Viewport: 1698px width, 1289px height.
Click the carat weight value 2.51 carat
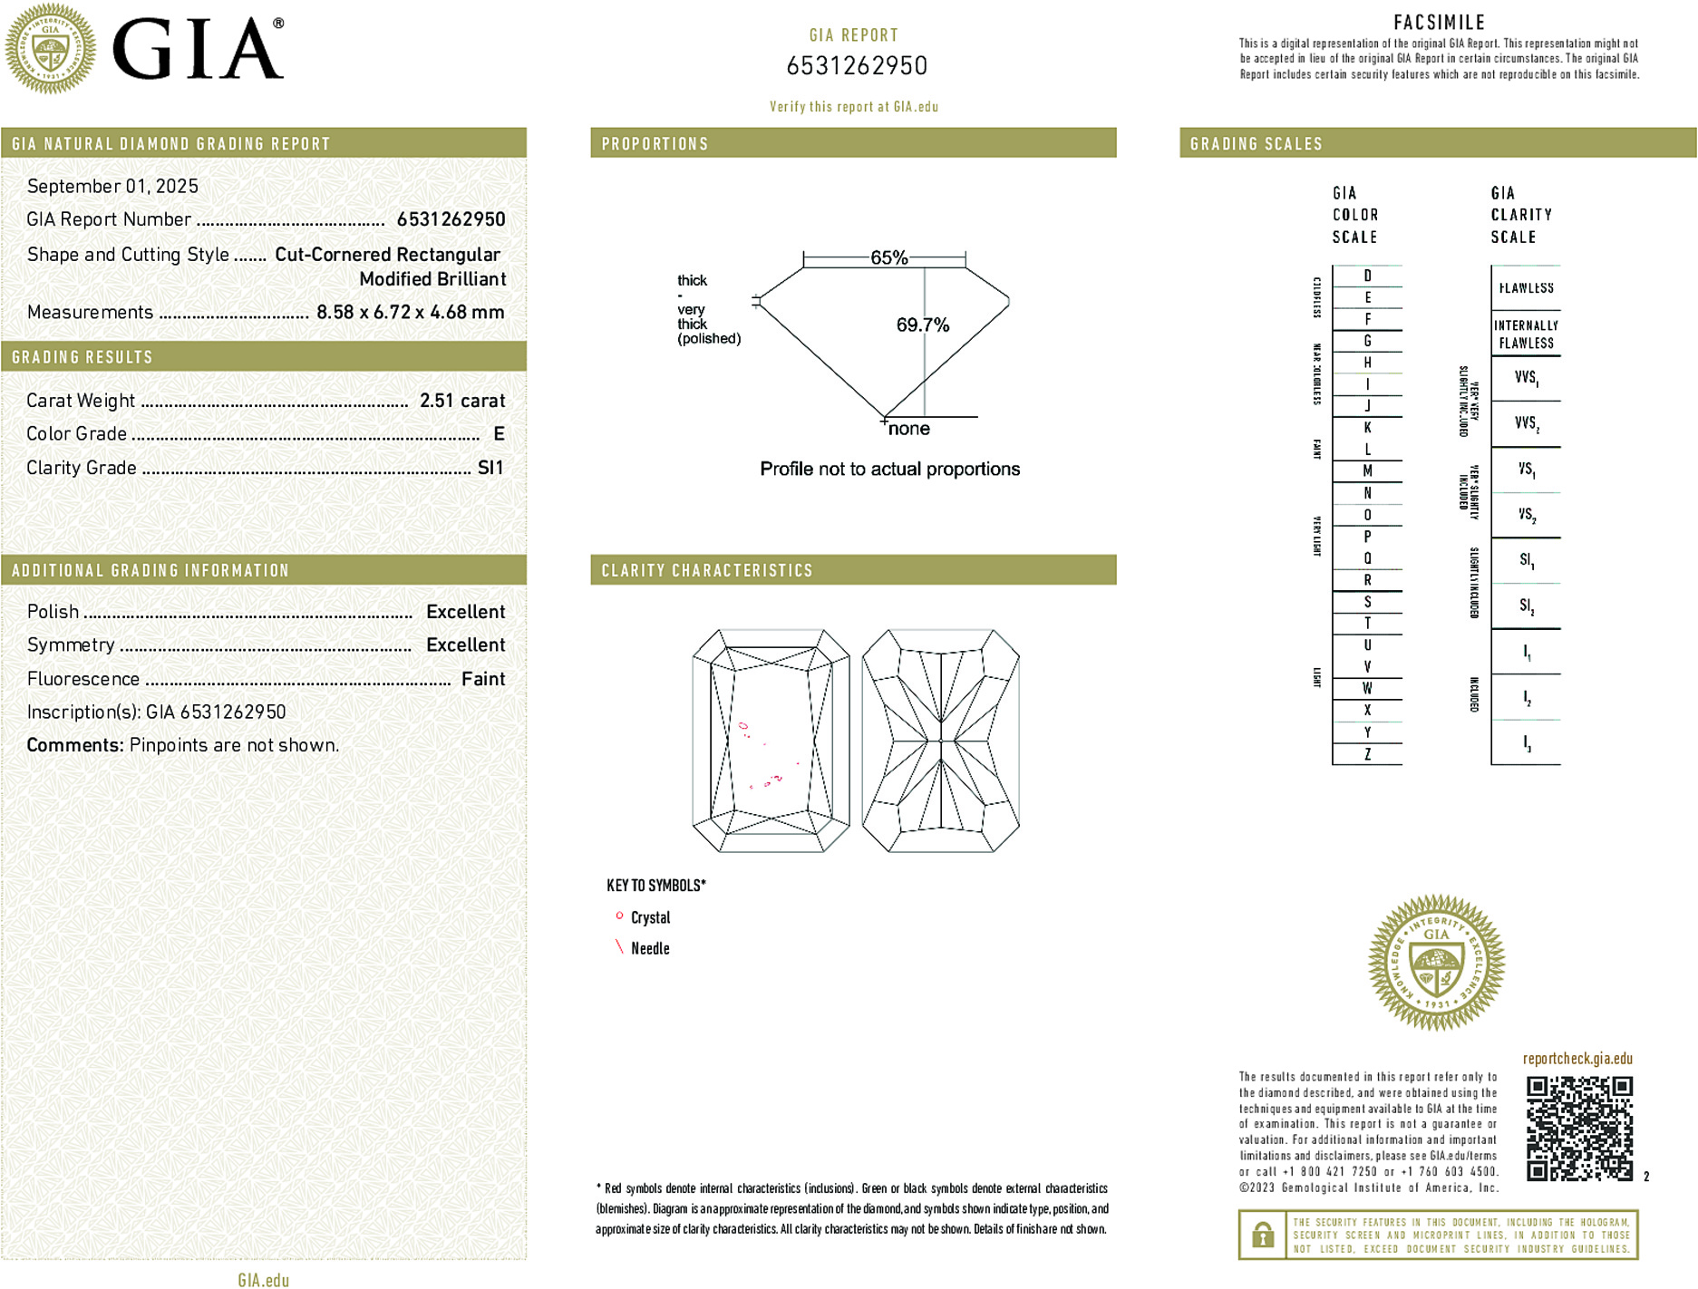461,401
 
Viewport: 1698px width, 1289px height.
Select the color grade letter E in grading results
499,434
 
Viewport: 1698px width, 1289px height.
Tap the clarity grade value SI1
490,468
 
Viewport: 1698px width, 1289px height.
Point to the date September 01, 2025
112,186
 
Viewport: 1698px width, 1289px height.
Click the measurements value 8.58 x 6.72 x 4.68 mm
410,312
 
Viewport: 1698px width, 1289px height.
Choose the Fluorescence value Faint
482,679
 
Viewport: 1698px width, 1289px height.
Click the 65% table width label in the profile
888,257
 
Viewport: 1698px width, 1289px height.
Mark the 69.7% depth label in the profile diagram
922,325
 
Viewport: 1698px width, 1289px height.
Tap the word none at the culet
908,429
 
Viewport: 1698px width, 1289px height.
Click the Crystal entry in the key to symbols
650,917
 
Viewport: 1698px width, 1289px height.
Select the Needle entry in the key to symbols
650,948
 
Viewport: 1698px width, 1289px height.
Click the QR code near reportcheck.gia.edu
1579,1129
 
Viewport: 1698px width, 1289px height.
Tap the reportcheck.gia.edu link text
1577,1059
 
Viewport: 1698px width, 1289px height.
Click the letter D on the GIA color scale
1367,276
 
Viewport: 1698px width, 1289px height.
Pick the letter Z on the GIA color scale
1367,754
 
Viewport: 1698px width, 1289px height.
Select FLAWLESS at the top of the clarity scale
1526,288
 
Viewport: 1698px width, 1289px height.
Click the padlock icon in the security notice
1262,1235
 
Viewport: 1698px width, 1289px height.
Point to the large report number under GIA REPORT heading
857,66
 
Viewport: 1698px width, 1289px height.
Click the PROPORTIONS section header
655,144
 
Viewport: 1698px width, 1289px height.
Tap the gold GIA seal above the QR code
1436,963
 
